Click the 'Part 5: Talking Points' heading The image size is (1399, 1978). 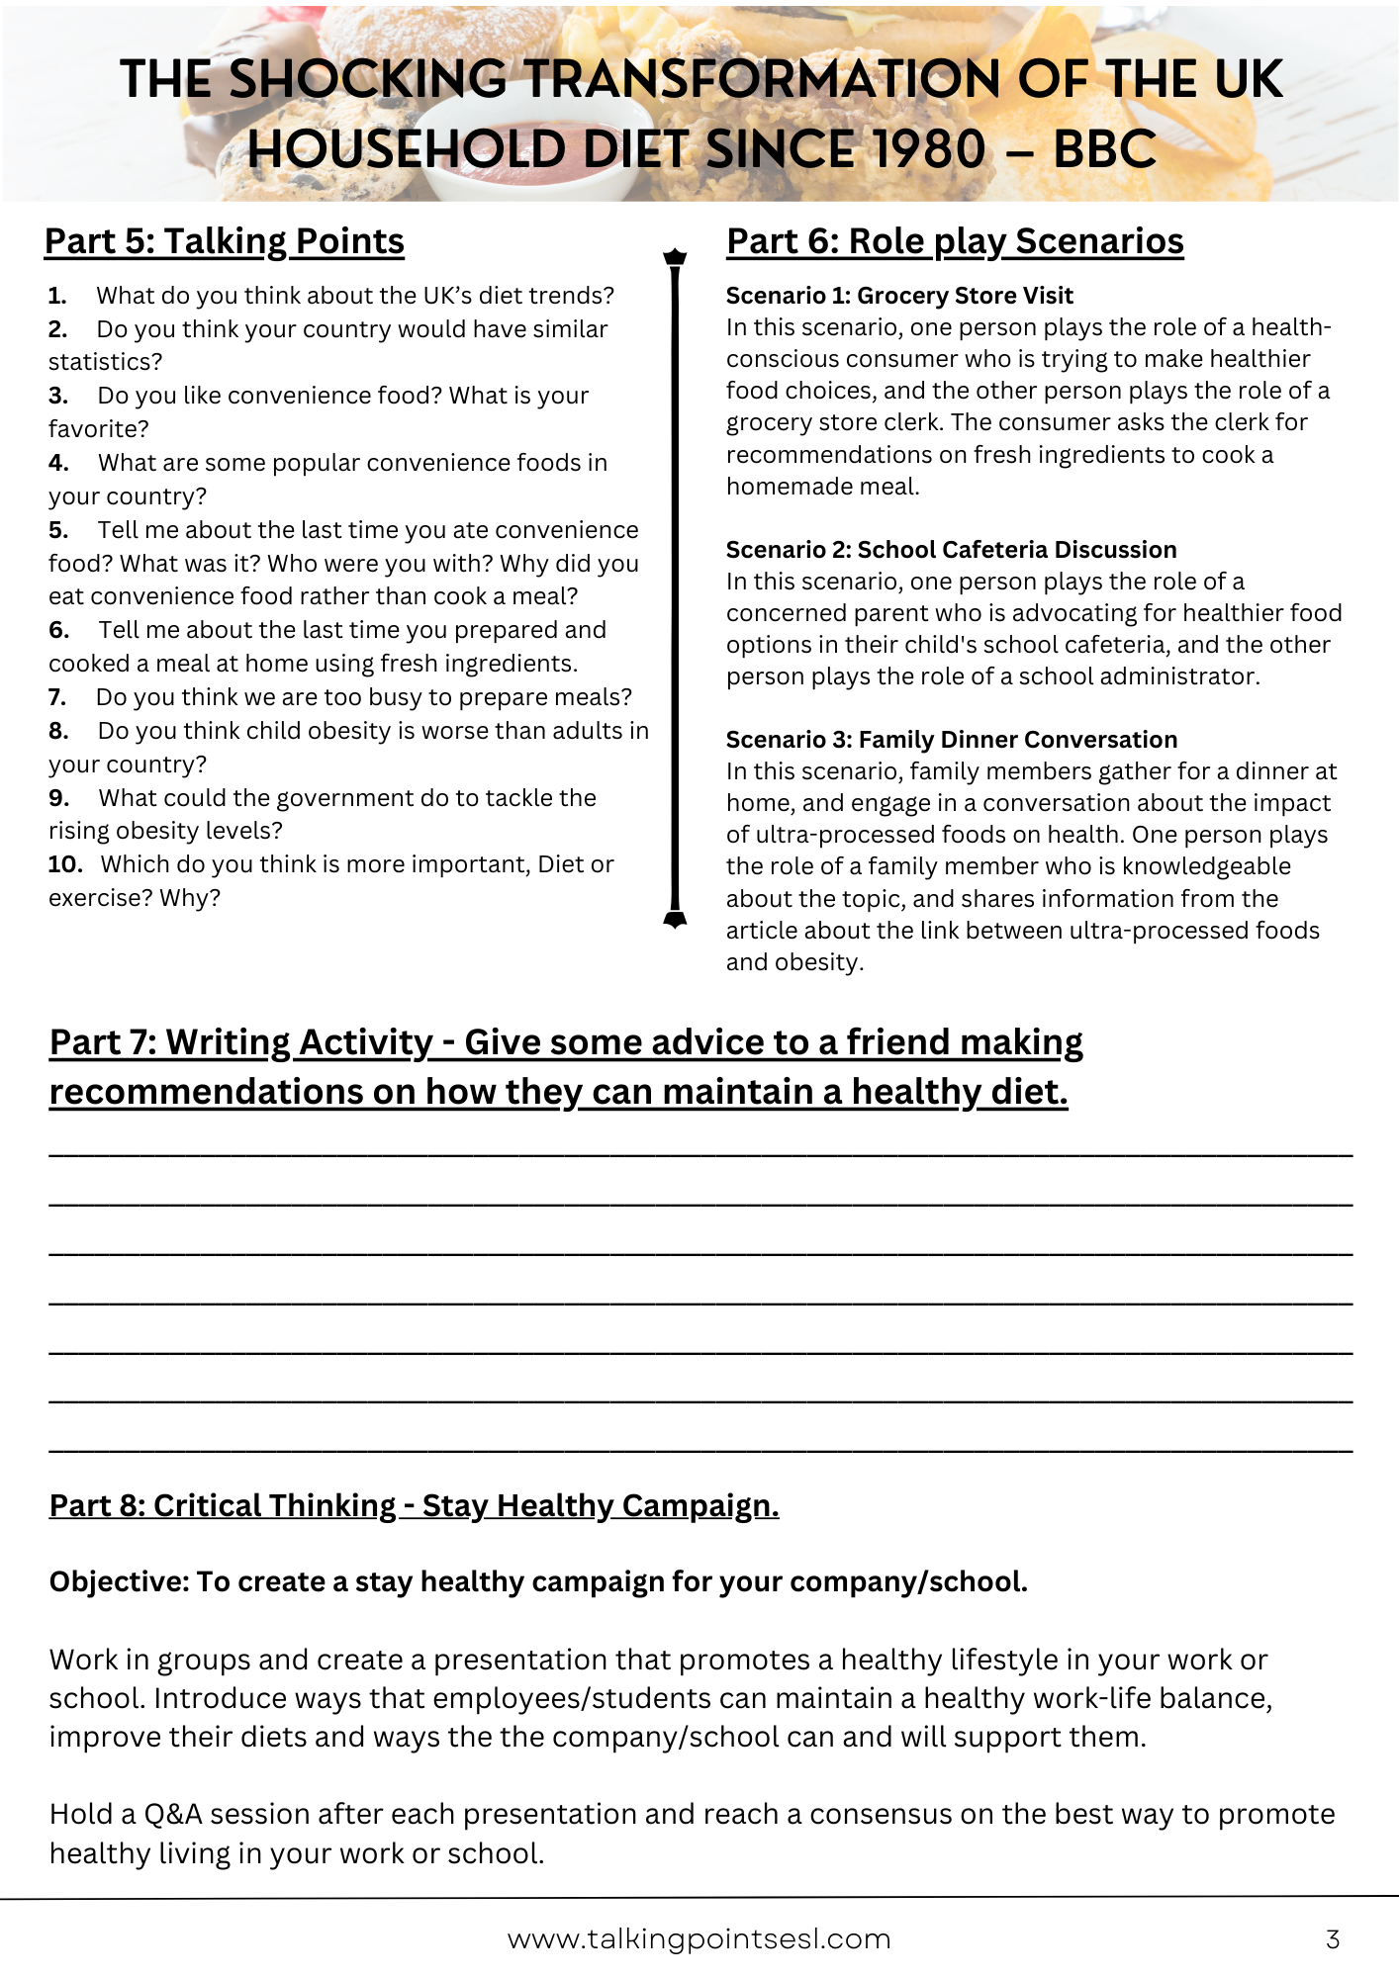click(x=225, y=241)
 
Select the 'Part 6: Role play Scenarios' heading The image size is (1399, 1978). click(x=955, y=241)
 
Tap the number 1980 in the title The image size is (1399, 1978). click(x=929, y=149)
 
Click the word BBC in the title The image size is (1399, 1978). click(x=1104, y=149)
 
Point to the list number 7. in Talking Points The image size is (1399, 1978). click(x=57, y=697)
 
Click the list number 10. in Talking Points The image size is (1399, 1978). click(x=64, y=864)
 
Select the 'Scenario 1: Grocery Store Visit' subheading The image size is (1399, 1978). click(x=899, y=296)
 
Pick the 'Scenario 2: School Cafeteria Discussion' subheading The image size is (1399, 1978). click(x=951, y=550)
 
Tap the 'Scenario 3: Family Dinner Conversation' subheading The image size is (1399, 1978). click(x=951, y=740)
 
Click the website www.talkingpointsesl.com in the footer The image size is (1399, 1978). click(x=699, y=1939)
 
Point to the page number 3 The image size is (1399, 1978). click(x=1333, y=1939)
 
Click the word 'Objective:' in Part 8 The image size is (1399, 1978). click(x=119, y=1582)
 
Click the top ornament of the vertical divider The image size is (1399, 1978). click(x=675, y=257)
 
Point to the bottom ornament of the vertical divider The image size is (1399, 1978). click(x=675, y=920)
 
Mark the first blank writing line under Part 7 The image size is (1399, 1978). click(x=699, y=1154)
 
